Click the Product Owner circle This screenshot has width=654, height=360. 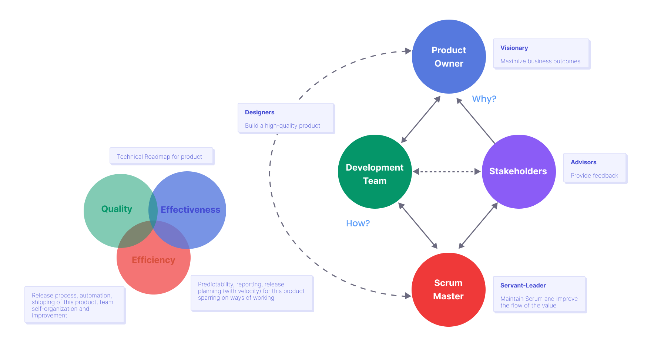point(449,57)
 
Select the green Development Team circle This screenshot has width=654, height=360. point(375,172)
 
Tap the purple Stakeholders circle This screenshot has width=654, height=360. point(518,171)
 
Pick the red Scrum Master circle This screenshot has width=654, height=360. point(448,290)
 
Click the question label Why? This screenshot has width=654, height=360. point(484,99)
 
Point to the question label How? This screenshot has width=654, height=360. point(358,223)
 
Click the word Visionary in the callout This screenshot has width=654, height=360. point(514,48)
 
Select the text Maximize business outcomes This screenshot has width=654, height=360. point(540,61)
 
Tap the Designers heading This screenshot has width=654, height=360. point(259,112)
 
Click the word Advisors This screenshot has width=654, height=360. point(583,162)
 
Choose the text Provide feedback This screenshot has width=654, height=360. point(594,176)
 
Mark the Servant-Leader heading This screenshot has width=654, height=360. point(523,286)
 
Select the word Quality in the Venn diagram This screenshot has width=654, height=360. point(117,209)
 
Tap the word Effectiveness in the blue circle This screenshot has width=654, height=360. point(190,210)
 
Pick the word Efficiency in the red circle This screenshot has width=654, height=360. point(153,260)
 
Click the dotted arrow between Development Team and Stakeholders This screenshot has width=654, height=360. point(446,172)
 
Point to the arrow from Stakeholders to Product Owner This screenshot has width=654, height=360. point(476,121)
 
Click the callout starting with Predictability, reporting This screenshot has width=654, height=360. point(252,293)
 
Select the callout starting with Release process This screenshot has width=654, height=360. point(74,305)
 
